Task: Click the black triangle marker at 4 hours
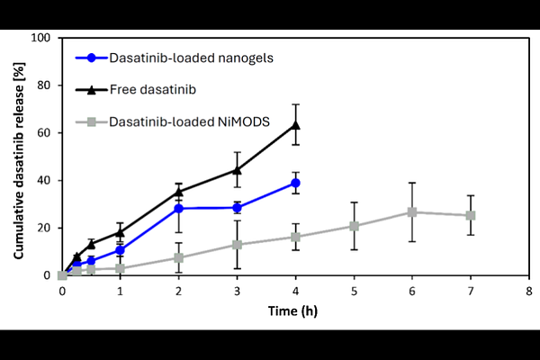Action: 295,124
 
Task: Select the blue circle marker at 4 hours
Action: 295,183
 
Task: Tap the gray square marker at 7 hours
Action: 471,215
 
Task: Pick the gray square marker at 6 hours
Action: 412,212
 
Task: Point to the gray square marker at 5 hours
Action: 354,226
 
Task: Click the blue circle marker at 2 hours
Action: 178,208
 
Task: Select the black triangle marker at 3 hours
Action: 237,169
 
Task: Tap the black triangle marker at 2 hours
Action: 178,191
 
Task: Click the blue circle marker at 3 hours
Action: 237,207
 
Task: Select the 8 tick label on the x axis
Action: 529,292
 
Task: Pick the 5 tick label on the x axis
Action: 354,292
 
